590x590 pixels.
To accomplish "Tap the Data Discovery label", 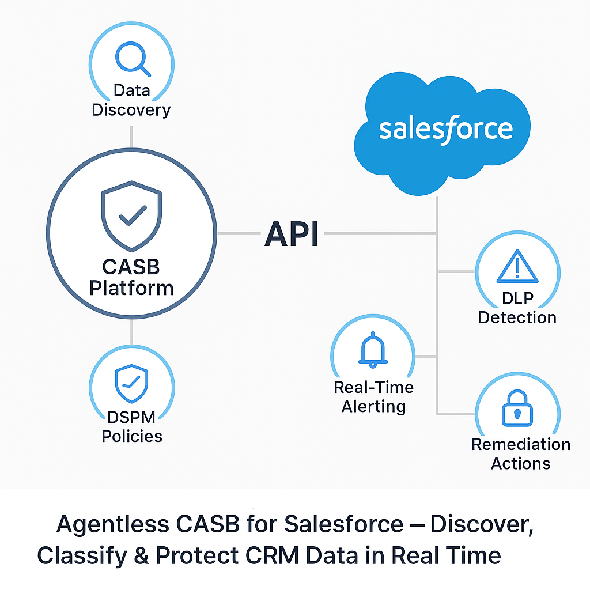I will click(x=131, y=100).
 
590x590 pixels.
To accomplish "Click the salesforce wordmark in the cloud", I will click(x=445, y=129).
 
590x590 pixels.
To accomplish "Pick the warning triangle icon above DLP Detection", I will click(x=517, y=267).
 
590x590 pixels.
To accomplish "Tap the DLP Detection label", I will click(x=517, y=307).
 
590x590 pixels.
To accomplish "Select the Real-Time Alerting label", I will click(x=373, y=396).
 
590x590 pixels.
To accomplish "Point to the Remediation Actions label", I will click(x=521, y=453).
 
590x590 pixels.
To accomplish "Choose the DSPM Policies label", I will click(x=132, y=426).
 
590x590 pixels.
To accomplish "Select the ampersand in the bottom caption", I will click(x=141, y=555).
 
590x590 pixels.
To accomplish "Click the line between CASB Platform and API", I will click(x=239, y=233).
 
